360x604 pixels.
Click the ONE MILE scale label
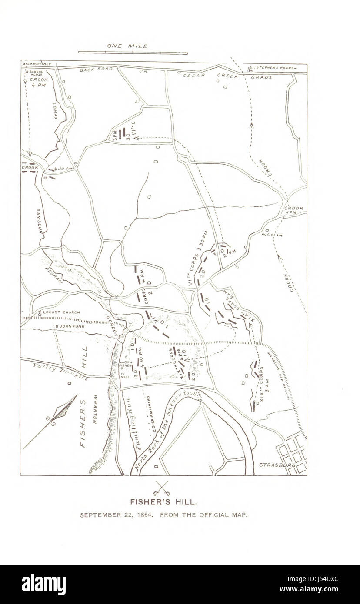(127, 46)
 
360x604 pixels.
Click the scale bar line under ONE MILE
(133, 53)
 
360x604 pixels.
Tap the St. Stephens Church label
(275, 68)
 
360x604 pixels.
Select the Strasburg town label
(277, 465)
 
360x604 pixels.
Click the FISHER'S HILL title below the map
(164, 501)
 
